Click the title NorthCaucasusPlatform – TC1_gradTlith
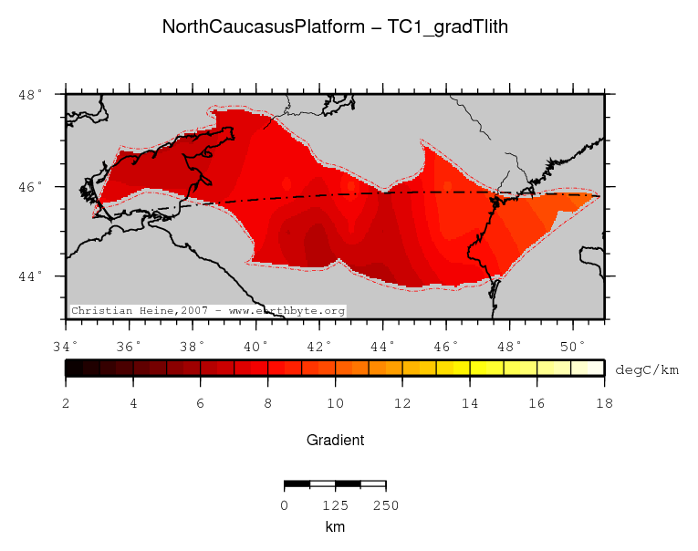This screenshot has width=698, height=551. [x=335, y=27]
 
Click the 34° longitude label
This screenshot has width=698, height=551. [x=66, y=347]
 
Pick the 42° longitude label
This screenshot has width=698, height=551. [x=319, y=347]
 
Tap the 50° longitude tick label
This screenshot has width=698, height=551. [x=573, y=347]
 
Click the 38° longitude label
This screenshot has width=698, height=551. [x=193, y=347]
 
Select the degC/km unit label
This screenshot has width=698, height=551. [x=647, y=369]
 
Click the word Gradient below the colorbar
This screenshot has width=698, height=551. [x=335, y=440]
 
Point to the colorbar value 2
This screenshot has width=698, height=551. [x=66, y=402]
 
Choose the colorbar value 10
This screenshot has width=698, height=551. [x=335, y=402]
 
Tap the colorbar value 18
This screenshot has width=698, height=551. [x=603, y=402]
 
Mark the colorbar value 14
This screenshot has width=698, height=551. [x=469, y=402]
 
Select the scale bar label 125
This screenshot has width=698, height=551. [x=335, y=505]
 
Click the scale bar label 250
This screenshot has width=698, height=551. [x=385, y=505]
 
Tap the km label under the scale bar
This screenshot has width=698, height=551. [x=335, y=527]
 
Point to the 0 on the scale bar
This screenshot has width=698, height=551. [x=285, y=505]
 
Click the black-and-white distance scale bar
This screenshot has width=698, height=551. [x=335, y=483]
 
